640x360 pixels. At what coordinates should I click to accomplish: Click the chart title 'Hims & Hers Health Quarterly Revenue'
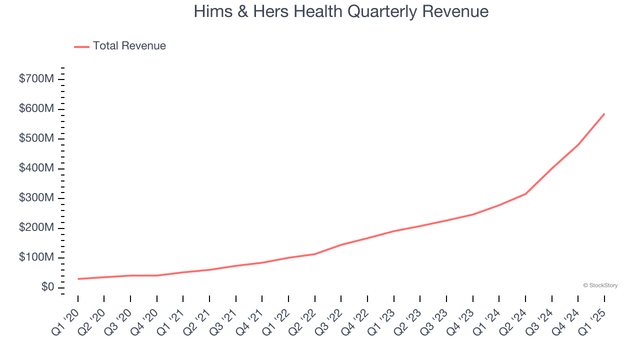click(341, 11)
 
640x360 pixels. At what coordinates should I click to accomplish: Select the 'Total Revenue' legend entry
click(129, 46)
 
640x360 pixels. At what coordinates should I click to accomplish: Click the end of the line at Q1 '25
click(604, 113)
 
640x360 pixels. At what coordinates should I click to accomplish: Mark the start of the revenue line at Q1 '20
click(78, 279)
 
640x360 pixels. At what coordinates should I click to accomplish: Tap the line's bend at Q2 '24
click(525, 194)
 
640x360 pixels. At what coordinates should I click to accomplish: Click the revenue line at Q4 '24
click(578, 145)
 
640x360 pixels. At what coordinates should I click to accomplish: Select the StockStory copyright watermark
click(600, 285)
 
